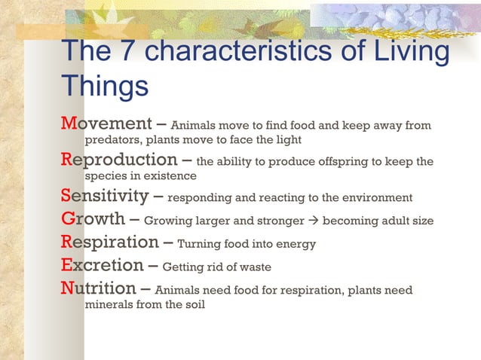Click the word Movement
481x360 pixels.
106,124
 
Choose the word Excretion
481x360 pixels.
102,266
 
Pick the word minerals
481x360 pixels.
109,305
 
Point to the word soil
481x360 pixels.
192,305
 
